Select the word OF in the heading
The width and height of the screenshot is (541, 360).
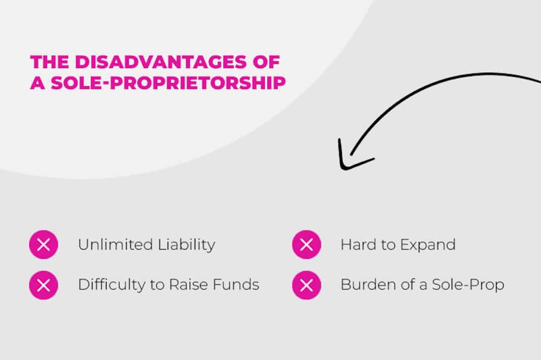[267, 61]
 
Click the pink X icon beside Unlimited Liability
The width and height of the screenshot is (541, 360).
[43, 245]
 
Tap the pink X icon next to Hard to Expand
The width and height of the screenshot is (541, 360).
[306, 245]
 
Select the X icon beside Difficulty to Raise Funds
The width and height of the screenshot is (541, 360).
[43, 285]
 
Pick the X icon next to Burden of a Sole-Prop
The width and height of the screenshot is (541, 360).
[306, 285]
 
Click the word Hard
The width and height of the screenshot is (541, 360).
[358, 245]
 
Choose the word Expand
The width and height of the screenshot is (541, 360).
[427, 245]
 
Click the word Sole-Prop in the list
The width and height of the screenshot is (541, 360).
[469, 285]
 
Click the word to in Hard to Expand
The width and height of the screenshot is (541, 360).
[388, 245]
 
